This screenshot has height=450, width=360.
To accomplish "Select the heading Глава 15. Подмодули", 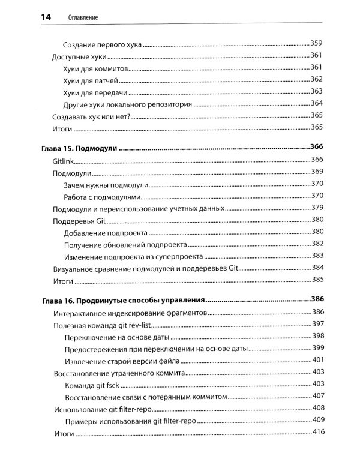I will [79, 148].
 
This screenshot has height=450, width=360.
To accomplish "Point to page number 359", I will [317, 43].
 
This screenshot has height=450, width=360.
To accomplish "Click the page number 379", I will [317, 208].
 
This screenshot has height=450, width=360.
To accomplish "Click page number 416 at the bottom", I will [317, 433].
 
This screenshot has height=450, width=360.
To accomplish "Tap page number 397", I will [317, 324].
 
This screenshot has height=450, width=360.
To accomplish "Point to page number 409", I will [317, 420].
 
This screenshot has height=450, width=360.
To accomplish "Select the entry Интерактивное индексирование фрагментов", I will [130, 313].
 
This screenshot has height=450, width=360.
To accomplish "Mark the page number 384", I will [317, 268].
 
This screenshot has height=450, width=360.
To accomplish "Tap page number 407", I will [317, 396].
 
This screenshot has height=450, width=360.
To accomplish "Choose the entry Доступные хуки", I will [80, 56].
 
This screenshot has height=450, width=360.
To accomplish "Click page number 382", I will [317, 244].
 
